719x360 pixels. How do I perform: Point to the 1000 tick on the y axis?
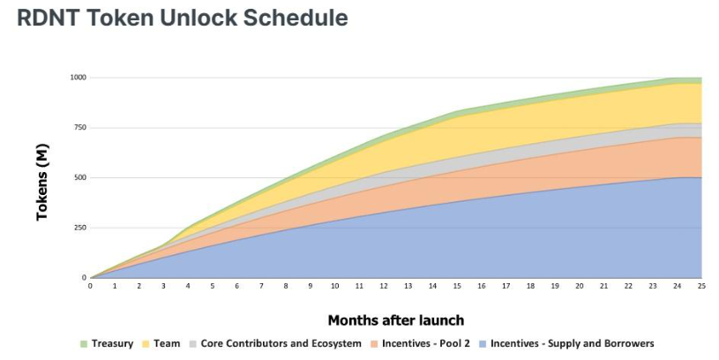click(78, 78)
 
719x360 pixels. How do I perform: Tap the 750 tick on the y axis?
click(79, 127)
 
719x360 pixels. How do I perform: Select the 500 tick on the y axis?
click(79, 177)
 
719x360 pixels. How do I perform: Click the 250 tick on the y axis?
click(79, 228)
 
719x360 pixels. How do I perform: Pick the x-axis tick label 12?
click(384, 286)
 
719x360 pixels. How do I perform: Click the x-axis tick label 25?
click(701, 286)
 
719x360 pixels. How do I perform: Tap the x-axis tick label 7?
click(261, 286)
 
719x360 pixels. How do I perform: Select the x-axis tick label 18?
click(530, 286)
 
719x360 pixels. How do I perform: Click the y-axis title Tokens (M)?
click(42, 182)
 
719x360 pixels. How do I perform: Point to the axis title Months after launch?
click(396, 320)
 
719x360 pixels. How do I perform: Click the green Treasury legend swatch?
click(84, 343)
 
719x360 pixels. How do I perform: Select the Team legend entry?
click(161, 343)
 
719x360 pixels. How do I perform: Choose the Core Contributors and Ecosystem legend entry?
click(275, 343)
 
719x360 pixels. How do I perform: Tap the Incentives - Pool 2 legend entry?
click(421, 343)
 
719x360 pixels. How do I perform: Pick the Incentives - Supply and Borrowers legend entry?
click(566, 343)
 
